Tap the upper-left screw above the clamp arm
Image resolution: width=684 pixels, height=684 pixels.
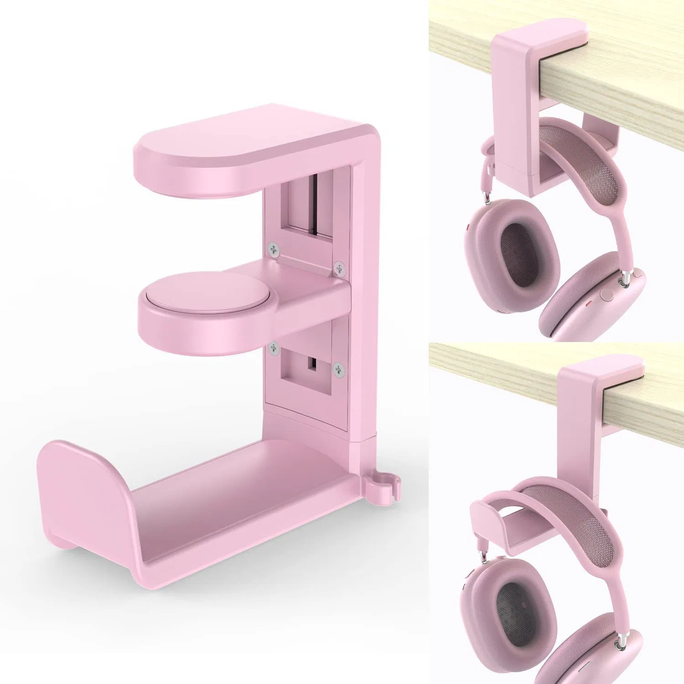pos(273,249)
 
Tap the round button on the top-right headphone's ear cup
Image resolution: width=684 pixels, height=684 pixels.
pos(607,294)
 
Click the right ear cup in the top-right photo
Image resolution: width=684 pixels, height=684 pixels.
pos(593,301)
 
